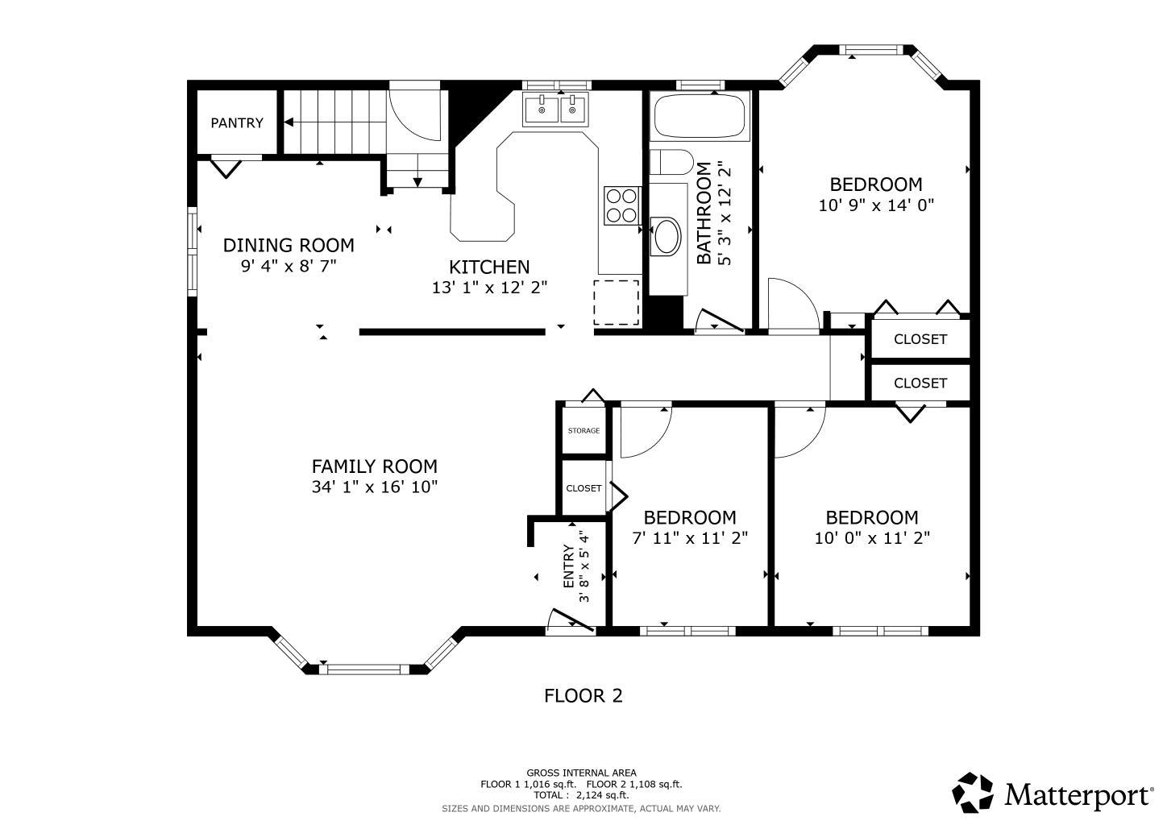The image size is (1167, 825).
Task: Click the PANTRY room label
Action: point(237,123)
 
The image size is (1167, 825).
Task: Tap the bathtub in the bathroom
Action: point(700,116)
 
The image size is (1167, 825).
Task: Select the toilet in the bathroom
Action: point(671,162)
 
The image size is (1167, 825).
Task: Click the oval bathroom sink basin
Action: point(667,236)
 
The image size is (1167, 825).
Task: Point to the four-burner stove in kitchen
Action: point(622,205)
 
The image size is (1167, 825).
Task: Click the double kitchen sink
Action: point(556,110)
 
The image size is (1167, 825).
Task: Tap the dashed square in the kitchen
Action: point(617,302)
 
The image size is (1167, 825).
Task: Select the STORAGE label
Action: point(583,431)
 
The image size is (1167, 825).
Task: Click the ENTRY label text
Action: point(569,566)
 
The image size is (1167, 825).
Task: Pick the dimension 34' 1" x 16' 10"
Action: point(375,487)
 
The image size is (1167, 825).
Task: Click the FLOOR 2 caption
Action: point(583,696)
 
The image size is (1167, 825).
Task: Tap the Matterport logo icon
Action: point(973,793)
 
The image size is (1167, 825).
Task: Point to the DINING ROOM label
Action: point(289,245)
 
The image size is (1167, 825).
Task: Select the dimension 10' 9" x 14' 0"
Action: point(876,205)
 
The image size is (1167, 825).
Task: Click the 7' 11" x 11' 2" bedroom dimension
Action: point(690,537)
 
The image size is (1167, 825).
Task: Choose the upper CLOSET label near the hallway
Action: point(920,339)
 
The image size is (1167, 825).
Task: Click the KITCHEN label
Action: point(489,267)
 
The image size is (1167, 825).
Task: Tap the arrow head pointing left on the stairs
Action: point(288,122)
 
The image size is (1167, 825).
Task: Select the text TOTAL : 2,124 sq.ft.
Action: point(581,795)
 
